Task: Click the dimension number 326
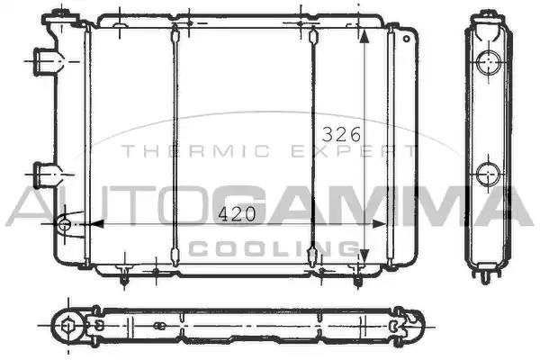coord(341,134)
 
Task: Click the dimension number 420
coord(237,214)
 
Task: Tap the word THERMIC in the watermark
coord(196,151)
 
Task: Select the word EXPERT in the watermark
coord(354,151)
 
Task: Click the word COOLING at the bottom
coord(274,248)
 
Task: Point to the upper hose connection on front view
coord(46,62)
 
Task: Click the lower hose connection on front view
coord(46,175)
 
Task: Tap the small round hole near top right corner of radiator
coord(407,39)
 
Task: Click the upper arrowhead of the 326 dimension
coord(364,36)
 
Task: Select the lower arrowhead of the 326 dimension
coord(364,255)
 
